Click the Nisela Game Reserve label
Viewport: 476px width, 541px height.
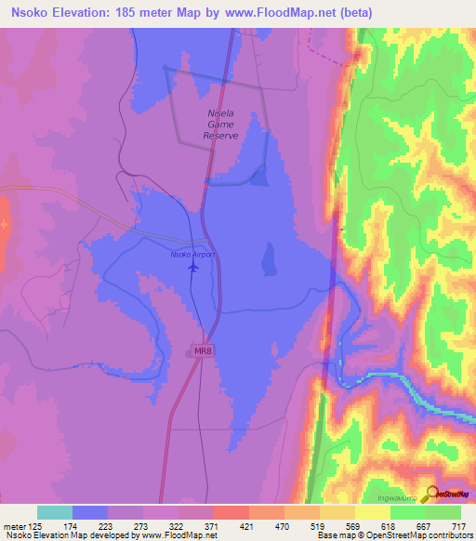coord(221,125)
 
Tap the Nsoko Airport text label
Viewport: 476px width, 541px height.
coord(192,254)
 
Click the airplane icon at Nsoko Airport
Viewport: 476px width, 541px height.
coord(193,268)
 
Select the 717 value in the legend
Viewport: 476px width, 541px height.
coord(457,525)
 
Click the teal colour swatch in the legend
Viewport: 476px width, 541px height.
coord(55,512)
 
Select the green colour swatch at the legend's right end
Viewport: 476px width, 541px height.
coord(443,512)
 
